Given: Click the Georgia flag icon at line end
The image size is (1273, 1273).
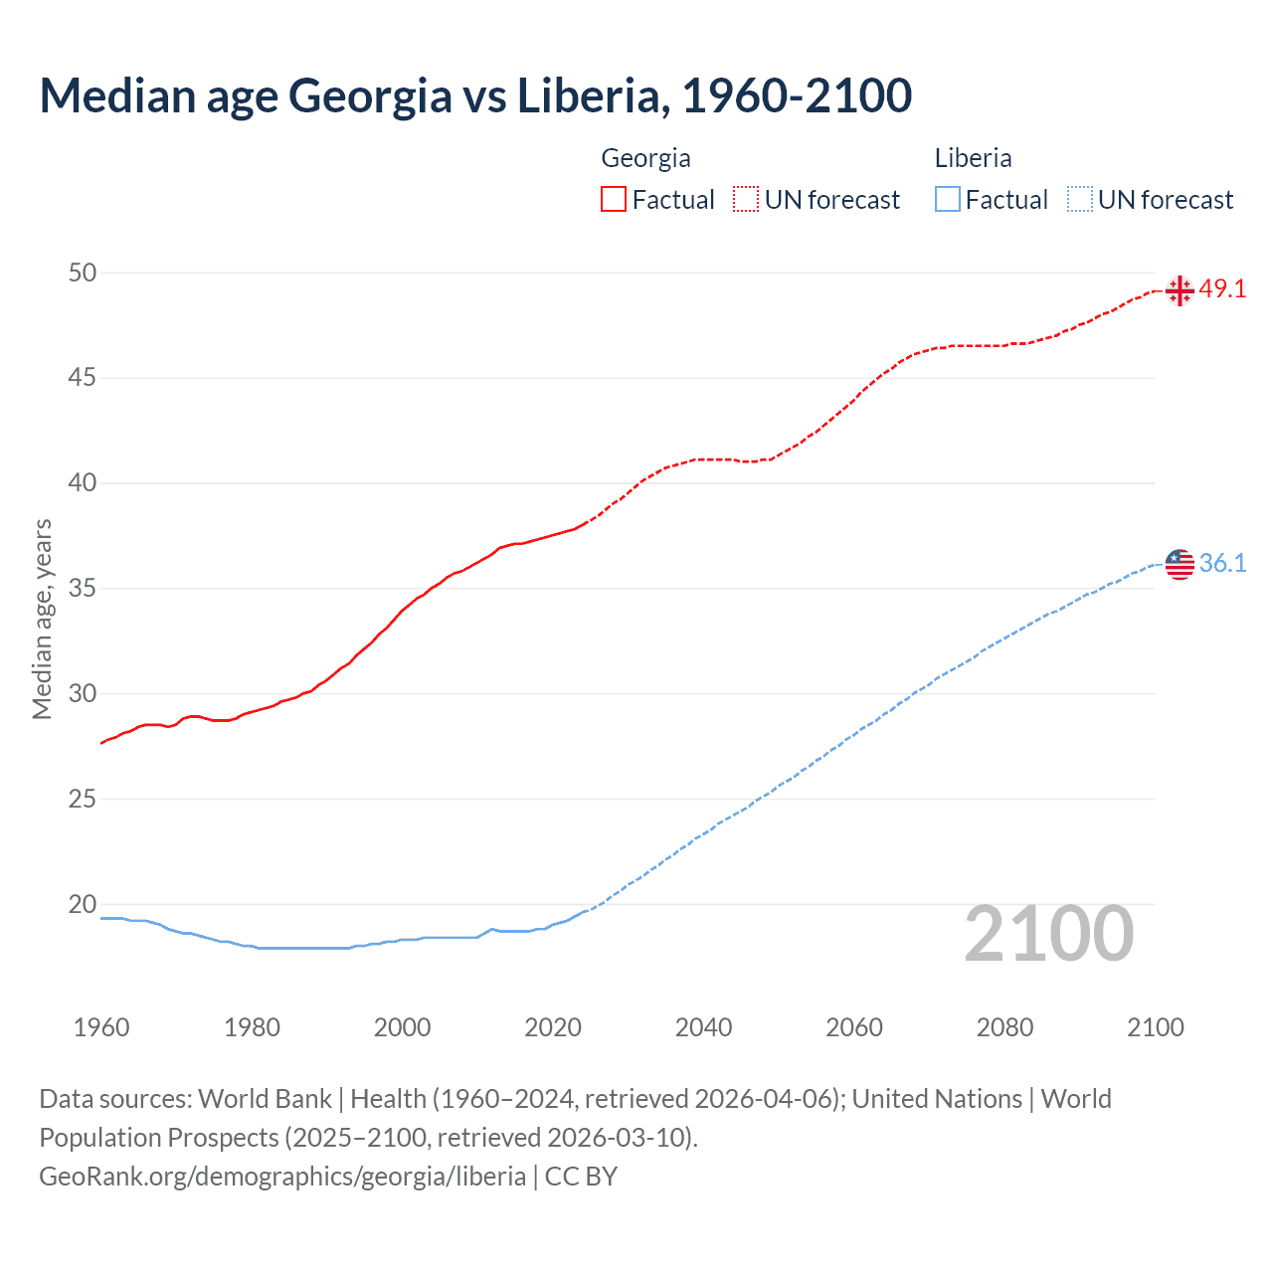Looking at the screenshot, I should pyautogui.click(x=1180, y=290).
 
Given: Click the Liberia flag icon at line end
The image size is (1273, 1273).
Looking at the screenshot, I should pyautogui.click(x=1180, y=564).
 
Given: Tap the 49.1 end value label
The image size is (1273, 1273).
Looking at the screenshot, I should pyautogui.click(x=1222, y=289).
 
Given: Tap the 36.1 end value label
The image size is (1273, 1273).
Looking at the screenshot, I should pyautogui.click(x=1222, y=563).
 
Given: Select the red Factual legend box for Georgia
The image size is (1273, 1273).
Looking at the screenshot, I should pyautogui.click(x=614, y=199).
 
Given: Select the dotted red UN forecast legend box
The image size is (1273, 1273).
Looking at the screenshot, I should pyautogui.click(x=746, y=199).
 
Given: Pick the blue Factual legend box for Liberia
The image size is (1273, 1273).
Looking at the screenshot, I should pyautogui.click(x=948, y=199).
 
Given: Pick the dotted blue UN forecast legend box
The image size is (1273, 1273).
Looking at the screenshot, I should pyautogui.click(x=1079, y=199).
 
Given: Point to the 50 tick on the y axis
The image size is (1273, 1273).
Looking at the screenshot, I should pyautogui.click(x=83, y=273).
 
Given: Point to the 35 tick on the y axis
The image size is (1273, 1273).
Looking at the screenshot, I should pyautogui.click(x=83, y=589).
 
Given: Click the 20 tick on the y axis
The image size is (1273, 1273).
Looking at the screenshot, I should pyautogui.click(x=83, y=905).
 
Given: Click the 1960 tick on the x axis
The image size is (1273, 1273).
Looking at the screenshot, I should pyautogui.click(x=101, y=1027).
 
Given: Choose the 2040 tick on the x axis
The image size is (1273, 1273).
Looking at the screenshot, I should pyautogui.click(x=703, y=1027).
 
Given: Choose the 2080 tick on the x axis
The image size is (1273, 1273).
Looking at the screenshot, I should pyautogui.click(x=1004, y=1027).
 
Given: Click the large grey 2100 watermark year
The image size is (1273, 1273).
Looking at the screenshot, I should pyautogui.click(x=1048, y=933).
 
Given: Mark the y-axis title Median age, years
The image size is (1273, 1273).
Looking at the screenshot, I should pyautogui.click(x=42, y=619).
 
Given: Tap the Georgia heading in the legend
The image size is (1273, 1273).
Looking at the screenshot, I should pyautogui.click(x=645, y=158).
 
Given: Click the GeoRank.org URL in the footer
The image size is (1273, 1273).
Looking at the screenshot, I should pyautogui.click(x=282, y=1176).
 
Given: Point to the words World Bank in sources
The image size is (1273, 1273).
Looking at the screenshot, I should pyautogui.click(x=265, y=1098).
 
